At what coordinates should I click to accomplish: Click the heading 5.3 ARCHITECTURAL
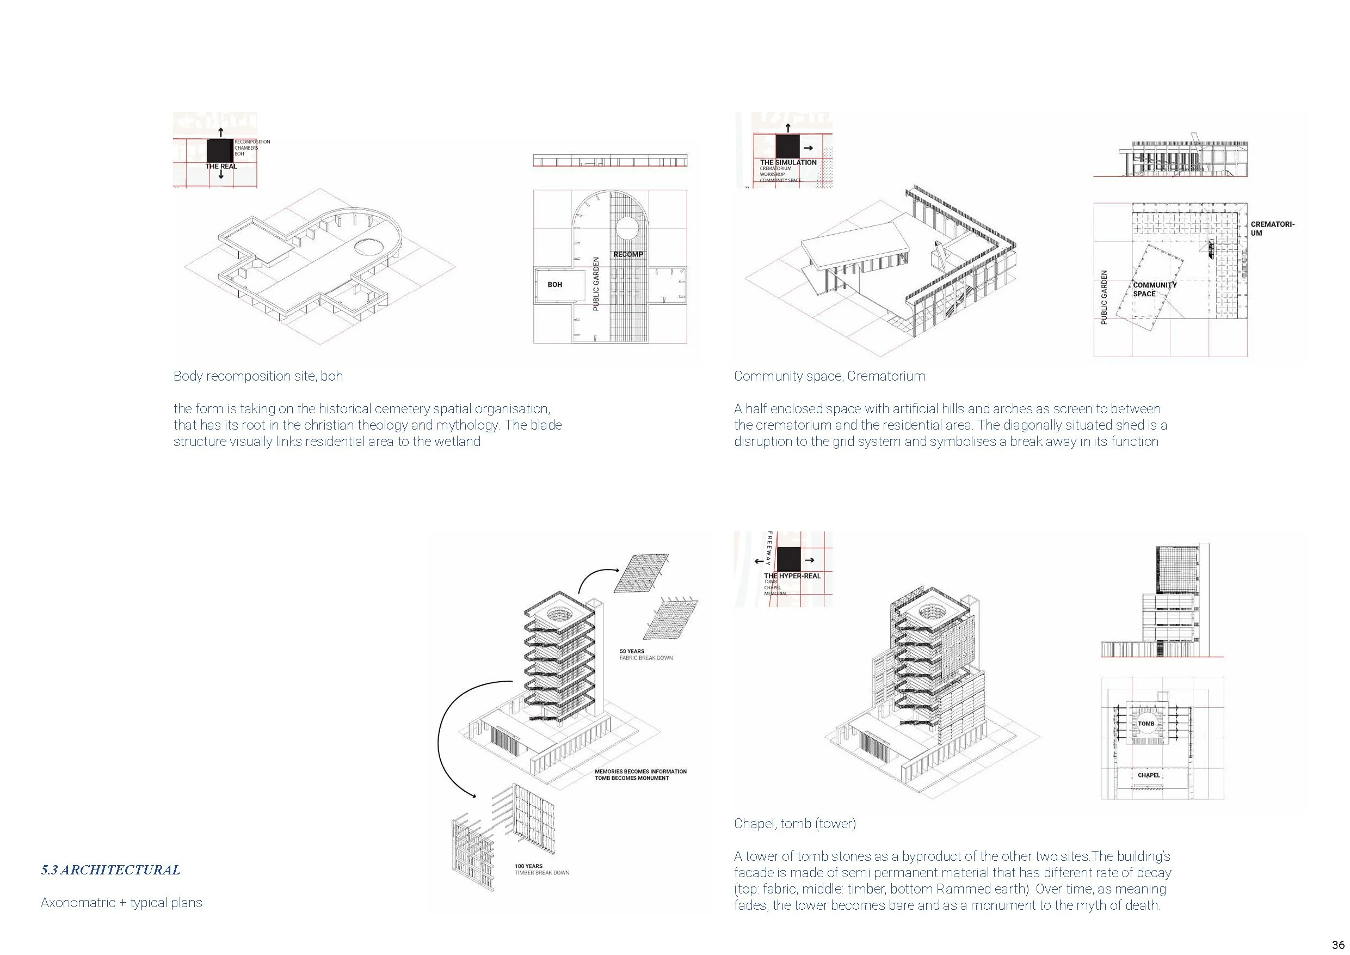pos(110,870)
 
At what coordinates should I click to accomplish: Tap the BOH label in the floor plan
pos(554,285)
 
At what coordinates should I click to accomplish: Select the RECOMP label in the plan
pos(628,254)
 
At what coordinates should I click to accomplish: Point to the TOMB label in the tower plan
pos(1146,724)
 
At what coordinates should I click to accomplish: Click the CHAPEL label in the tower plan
pos(1148,775)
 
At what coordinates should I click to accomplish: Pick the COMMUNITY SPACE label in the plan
pos(1155,290)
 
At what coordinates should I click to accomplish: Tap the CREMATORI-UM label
pos(1272,228)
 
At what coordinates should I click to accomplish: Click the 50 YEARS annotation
pos(632,651)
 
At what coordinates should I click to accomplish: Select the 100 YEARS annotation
pos(528,866)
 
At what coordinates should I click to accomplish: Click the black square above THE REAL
pos(220,150)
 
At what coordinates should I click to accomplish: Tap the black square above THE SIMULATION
pos(787,146)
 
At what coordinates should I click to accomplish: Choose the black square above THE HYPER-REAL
pos(789,559)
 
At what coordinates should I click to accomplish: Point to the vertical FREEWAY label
pos(768,548)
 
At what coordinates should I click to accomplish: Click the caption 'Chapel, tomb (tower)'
pos(794,823)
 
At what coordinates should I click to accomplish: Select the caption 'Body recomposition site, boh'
pos(257,376)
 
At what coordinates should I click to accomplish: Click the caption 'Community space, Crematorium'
pos(829,376)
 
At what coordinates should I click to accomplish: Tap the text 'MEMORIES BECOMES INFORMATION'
pos(640,771)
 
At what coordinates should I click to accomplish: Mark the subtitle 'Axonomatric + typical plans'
pos(121,902)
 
